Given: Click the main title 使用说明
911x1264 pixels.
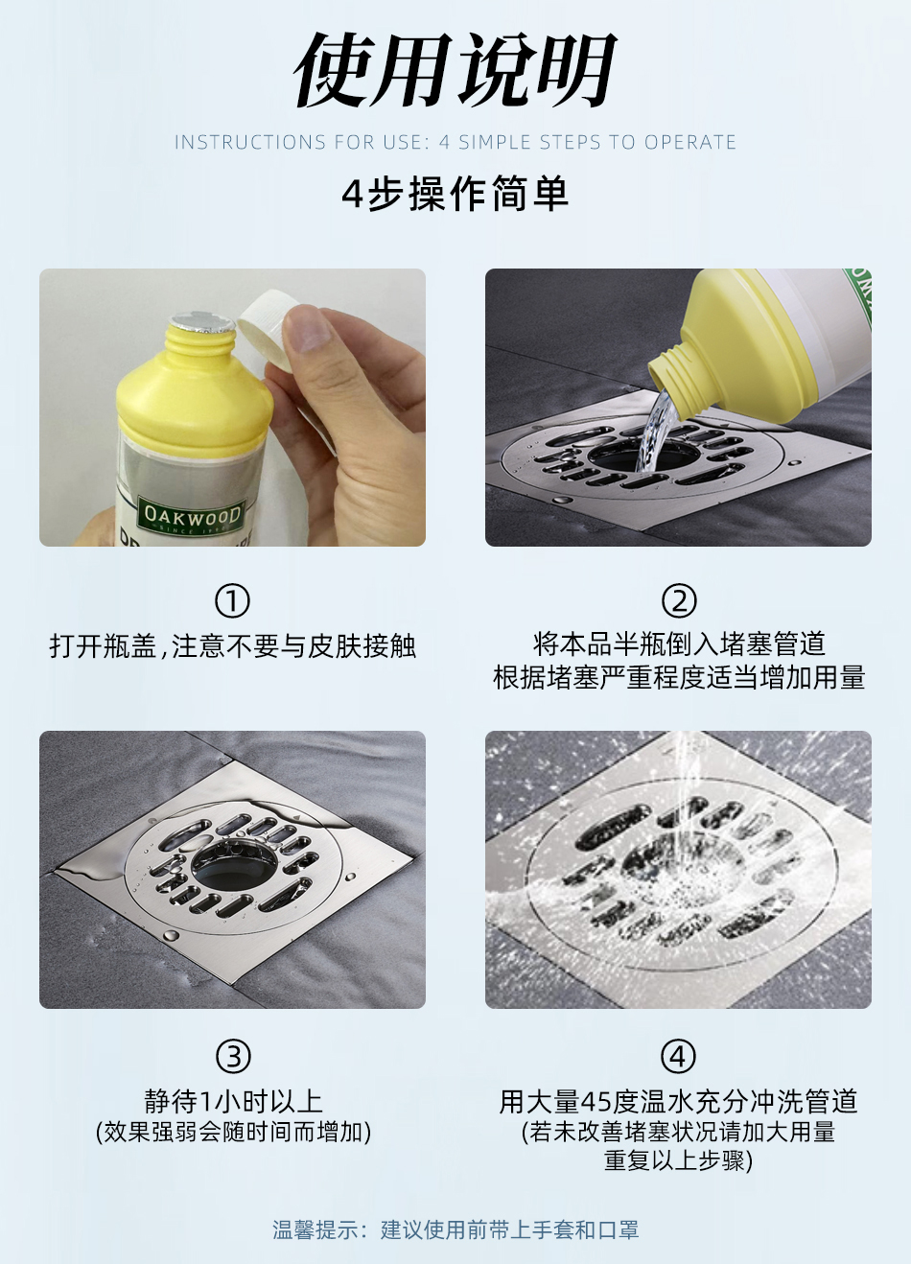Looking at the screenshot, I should pyautogui.click(x=455, y=71).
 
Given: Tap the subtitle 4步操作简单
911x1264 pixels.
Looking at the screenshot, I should pyautogui.click(x=455, y=194).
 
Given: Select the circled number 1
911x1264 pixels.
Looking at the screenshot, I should pyautogui.click(x=232, y=601).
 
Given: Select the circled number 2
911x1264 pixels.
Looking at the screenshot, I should pyautogui.click(x=679, y=601).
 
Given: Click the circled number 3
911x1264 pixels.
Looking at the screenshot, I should pyautogui.click(x=232, y=1057).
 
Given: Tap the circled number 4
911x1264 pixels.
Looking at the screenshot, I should pyautogui.click(x=679, y=1057).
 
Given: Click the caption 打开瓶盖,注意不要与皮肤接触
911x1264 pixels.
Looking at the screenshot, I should pyautogui.click(x=232, y=646).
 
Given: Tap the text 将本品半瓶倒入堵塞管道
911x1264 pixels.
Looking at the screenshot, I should pyautogui.click(x=679, y=644).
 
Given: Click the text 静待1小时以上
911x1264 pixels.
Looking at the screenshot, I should pyautogui.click(x=232, y=1101).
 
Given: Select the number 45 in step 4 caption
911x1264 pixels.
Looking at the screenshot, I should pyautogui.click(x=596, y=1102).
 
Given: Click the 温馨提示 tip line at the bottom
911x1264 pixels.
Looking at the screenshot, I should pyautogui.click(x=455, y=1229).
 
